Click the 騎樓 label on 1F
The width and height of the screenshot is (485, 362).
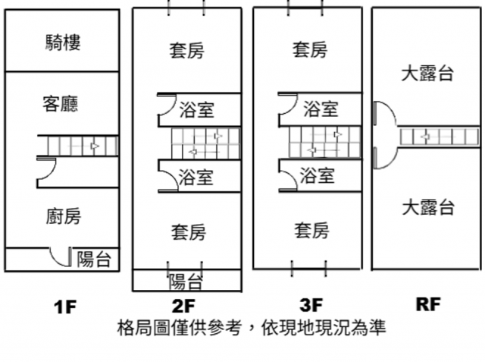coord(63,42)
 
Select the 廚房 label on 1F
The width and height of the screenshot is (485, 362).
coord(62,217)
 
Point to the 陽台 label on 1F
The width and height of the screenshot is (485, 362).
coord(94,260)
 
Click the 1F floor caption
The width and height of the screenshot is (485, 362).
coord(65,307)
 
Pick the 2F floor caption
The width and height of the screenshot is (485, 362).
coord(184,307)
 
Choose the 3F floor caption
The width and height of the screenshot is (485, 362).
coord(311,306)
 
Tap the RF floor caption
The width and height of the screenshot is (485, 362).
coord(428,305)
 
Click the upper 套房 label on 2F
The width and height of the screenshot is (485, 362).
coord(186,51)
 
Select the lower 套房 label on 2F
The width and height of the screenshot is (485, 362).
coord(186,230)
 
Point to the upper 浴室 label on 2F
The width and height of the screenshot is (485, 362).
coord(196,111)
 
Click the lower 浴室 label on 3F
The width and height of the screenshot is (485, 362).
coord(318,177)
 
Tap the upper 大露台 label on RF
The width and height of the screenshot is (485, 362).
coord(428,74)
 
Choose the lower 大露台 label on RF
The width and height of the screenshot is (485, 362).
coord(428,206)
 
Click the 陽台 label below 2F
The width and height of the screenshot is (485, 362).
coord(185,282)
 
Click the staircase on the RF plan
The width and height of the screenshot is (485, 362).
coord(440,137)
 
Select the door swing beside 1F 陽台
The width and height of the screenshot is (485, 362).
coord(59,257)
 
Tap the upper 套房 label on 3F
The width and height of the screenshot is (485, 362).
coord(310,51)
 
